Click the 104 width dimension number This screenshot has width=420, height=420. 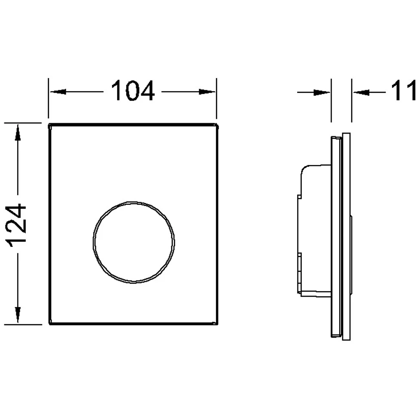coord(133,91)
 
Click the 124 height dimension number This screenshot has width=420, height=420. coord(16,225)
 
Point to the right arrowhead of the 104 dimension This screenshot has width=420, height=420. coord(207,92)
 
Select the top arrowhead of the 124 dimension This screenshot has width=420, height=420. coord(18,132)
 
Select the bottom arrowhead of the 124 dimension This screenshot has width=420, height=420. coord(18,315)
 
